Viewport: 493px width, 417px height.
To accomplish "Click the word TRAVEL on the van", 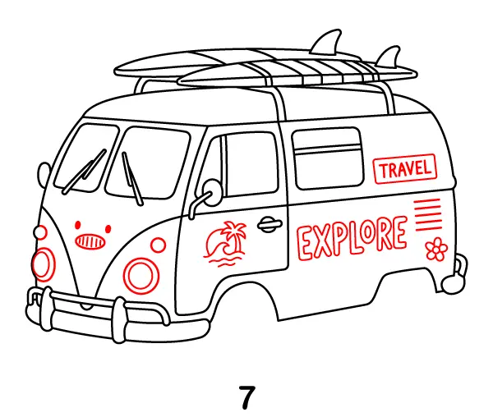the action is [404, 171].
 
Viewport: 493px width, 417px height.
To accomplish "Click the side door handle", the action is [269, 223].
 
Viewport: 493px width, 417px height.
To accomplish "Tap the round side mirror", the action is [211, 190].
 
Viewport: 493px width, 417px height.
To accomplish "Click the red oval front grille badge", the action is [90, 241].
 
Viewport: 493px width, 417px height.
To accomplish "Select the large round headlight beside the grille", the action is [140, 273].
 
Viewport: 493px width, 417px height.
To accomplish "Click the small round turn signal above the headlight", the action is [157, 245].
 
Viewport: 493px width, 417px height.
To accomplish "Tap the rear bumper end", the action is [455, 274].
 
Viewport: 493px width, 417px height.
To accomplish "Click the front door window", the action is [251, 163].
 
